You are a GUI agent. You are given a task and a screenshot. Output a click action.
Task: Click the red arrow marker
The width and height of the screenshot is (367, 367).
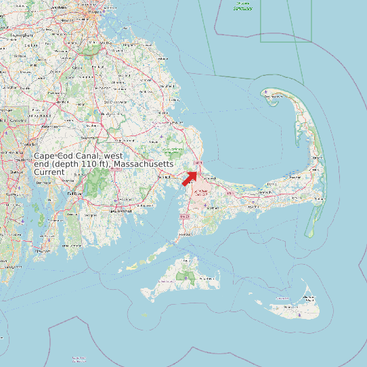click(190, 178)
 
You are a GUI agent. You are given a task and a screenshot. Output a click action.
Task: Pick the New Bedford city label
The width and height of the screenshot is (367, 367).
click(121, 211)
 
